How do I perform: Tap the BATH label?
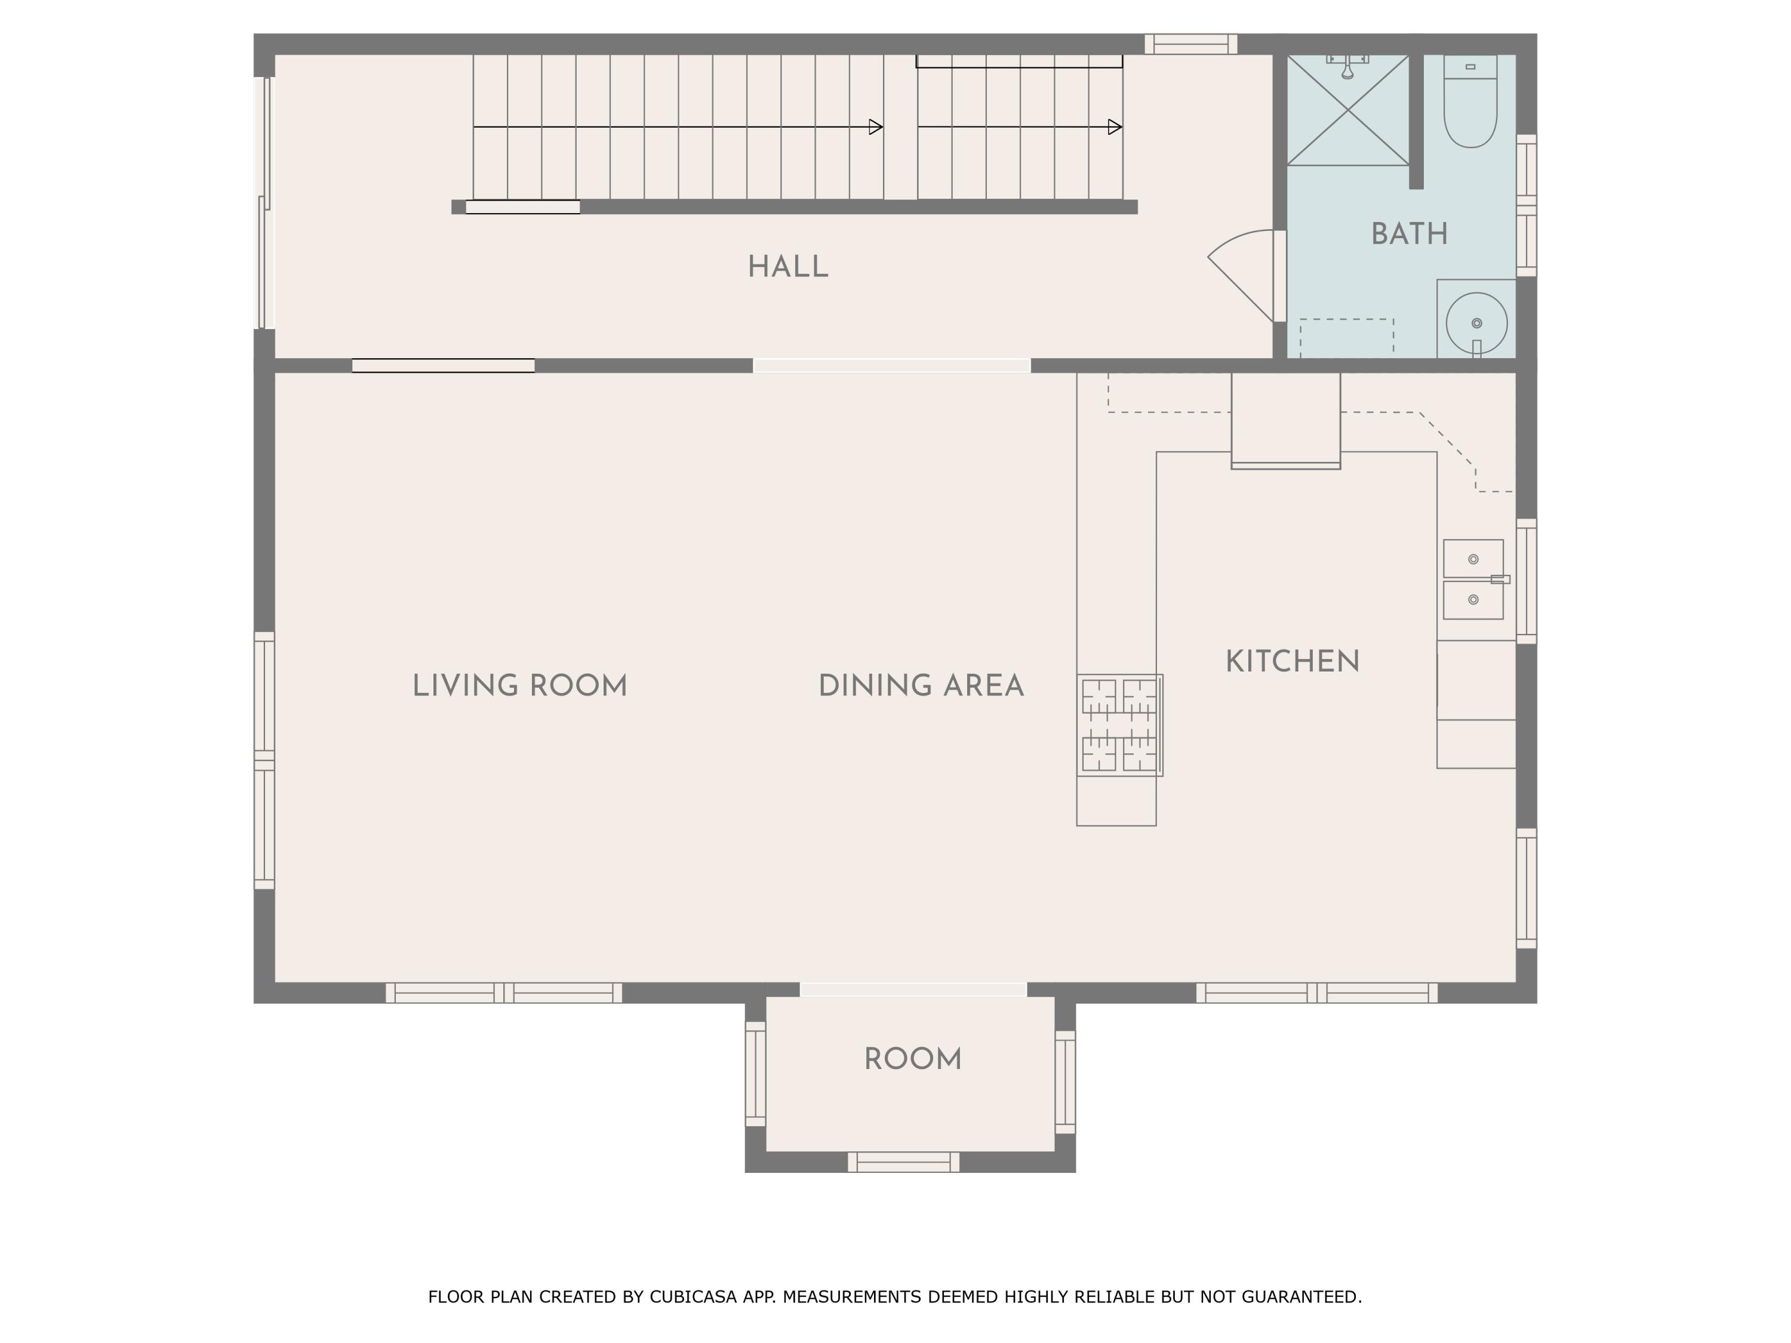click(x=1409, y=235)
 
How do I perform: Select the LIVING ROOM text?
click(x=520, y=686)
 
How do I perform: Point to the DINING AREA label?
click(x=921, y=686)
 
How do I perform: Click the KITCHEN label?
click(x=1293, y=662)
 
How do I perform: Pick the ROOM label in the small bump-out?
click(x=912, y=1059)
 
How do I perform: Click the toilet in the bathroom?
click(x=1470, y=105)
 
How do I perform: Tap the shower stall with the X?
click(x=1347, y=111)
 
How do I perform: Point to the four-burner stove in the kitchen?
click(x=1120, y=725)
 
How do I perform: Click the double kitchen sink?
click(x=1473, y=580)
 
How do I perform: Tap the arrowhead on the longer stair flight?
click(x=875, y=127)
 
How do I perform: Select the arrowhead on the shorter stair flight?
click(x=1115, y=127)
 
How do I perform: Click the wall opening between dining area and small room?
click(x=912, y=989)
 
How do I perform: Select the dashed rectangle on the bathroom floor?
click(x=1346, y=338)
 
